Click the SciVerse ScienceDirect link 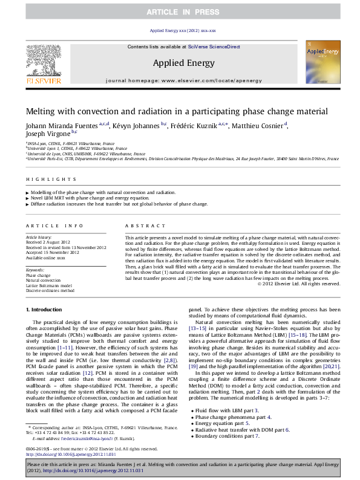[x=214, y=47]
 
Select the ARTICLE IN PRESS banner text [x=180, y=12]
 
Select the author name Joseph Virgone [x=48, y=134]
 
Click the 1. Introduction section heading [x=46, y=310]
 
